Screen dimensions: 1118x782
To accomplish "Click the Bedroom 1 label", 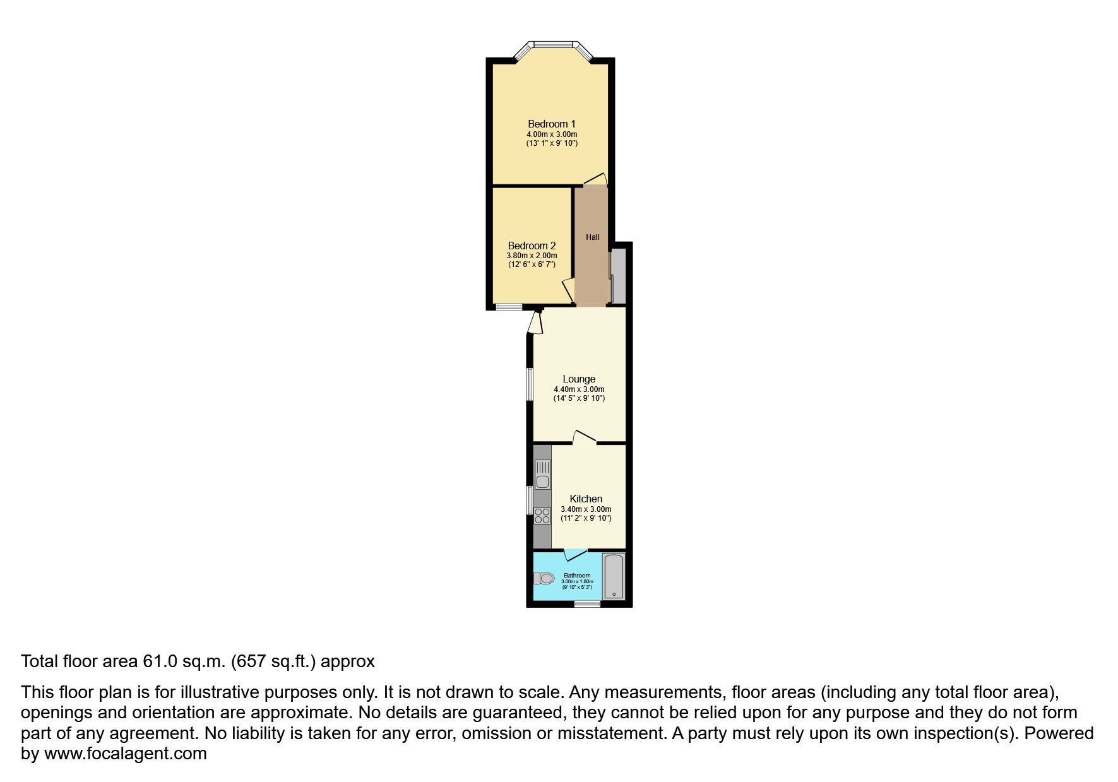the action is (552, 124).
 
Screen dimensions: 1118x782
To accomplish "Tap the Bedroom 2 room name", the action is (532, 246).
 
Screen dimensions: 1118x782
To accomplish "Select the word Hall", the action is (592, 237).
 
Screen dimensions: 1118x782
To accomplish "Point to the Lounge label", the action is (579, 379).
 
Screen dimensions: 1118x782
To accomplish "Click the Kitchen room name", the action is (586, 499).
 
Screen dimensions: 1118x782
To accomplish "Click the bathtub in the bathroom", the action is (614, 576).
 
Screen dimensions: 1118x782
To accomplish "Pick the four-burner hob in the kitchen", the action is (542, 516).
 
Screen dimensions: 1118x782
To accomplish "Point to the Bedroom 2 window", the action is (508, 307).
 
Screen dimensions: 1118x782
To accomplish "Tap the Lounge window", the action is (530, 384).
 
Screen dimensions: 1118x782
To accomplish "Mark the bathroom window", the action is (587, 604).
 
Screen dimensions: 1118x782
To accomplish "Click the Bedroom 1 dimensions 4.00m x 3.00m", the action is (552, 134).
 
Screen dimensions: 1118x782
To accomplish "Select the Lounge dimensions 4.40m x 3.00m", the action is (579, 389).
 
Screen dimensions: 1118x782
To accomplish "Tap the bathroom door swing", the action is (575, 555).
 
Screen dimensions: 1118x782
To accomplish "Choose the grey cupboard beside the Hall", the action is (618, 276).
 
